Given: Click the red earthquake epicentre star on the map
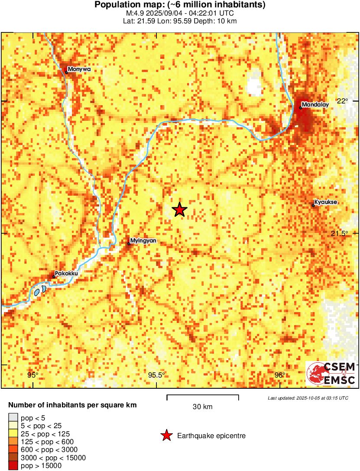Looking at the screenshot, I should tap(179, 210).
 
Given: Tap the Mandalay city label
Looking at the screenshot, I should tap(315, 104).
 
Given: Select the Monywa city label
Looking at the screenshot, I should tap(79, 69).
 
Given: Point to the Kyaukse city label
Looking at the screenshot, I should tap(325, 202).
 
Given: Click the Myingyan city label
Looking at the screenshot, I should tap(143, 240).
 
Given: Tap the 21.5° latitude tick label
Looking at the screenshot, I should tap(340, 233).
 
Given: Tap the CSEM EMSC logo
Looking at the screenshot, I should tap(331, 374).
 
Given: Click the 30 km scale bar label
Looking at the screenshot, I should tap(202, 407).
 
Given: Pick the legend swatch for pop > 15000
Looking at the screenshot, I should tap(13, 466).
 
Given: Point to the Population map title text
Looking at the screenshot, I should tap(180, 5).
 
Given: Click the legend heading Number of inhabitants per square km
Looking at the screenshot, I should tap(73, 406).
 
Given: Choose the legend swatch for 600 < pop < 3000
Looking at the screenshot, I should tap(13, 450).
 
